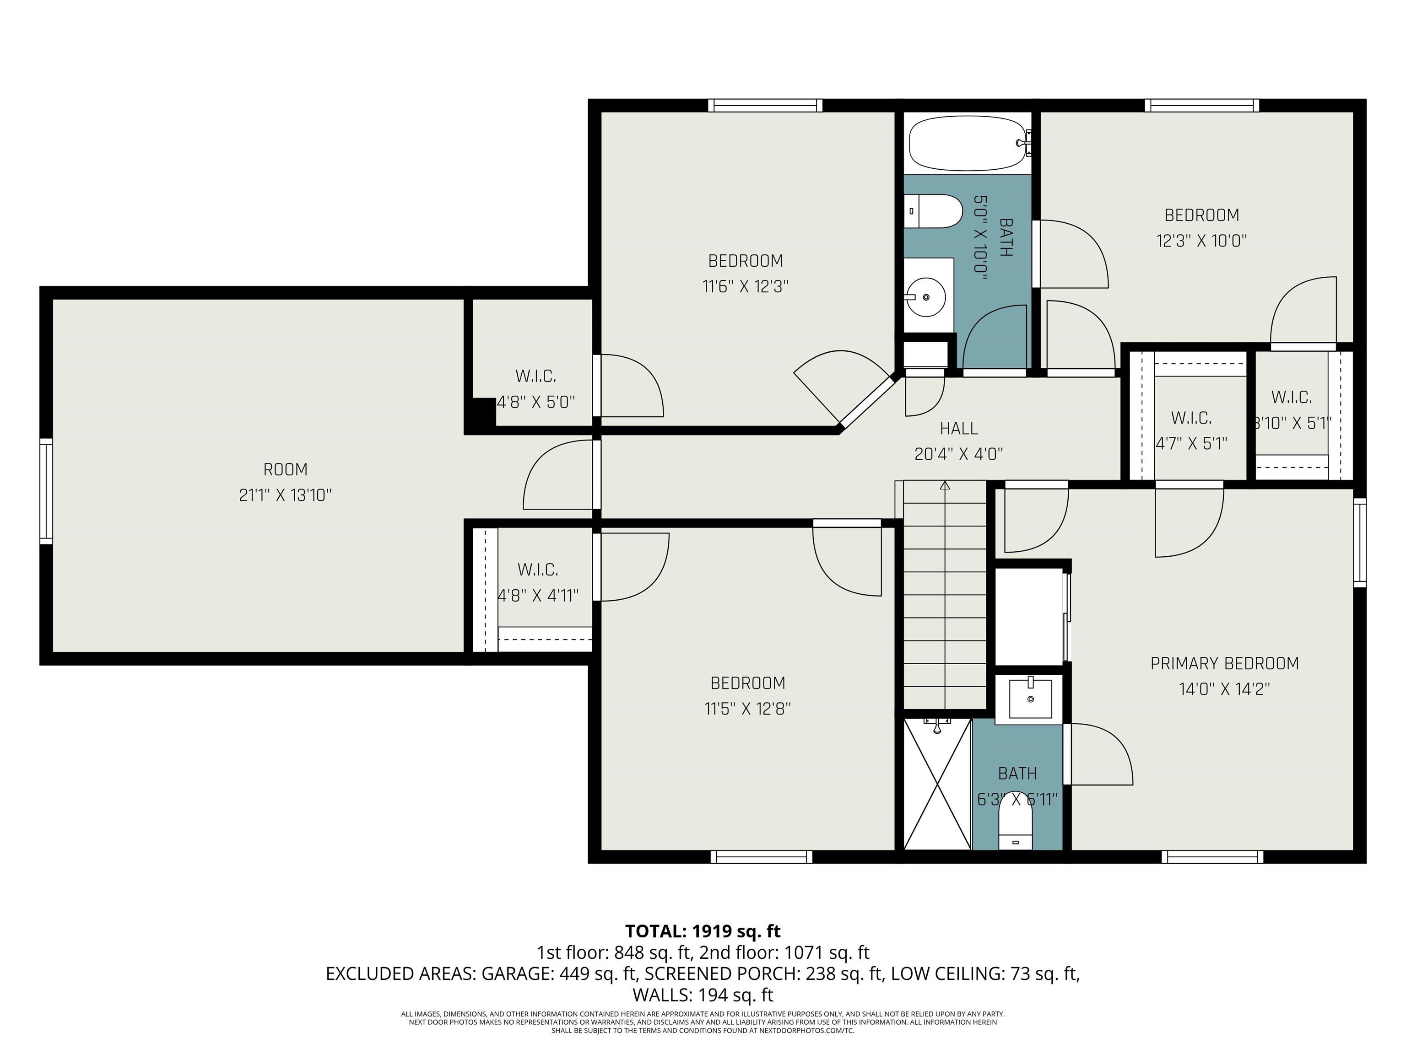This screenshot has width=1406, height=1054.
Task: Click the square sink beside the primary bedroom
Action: [x=1030, y=698]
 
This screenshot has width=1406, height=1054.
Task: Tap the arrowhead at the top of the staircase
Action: [x=945, y=486]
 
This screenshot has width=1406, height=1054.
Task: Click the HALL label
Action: [x=958, y=429]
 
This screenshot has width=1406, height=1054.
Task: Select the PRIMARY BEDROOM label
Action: [x=1224, y=663]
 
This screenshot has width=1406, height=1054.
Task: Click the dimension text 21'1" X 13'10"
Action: [x=286, y=495]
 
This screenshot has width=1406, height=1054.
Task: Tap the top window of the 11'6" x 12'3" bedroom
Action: [x=765, y=106]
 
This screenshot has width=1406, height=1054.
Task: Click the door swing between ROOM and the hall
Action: [x=557, y=477]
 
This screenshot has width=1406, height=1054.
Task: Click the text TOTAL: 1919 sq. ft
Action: [x=703, y=931]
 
